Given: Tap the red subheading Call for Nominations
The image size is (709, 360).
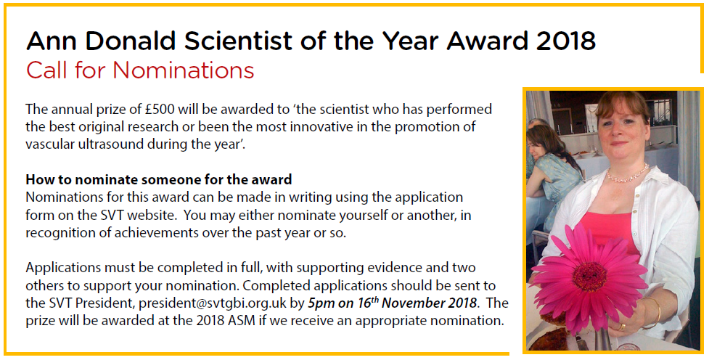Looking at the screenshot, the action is pos(140,70).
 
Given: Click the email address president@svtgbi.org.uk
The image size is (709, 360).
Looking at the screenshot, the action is pos(213,303).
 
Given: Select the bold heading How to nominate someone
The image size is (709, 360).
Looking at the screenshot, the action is pos(159,179).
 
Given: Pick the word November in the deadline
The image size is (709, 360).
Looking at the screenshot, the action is pos(412,303).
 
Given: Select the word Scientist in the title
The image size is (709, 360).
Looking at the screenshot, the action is pos(238,41).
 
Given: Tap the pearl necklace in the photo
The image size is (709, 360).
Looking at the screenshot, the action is pos(628,174).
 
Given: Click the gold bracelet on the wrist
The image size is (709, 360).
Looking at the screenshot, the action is pos(653,312).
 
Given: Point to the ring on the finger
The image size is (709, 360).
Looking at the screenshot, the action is pos(623,327).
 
